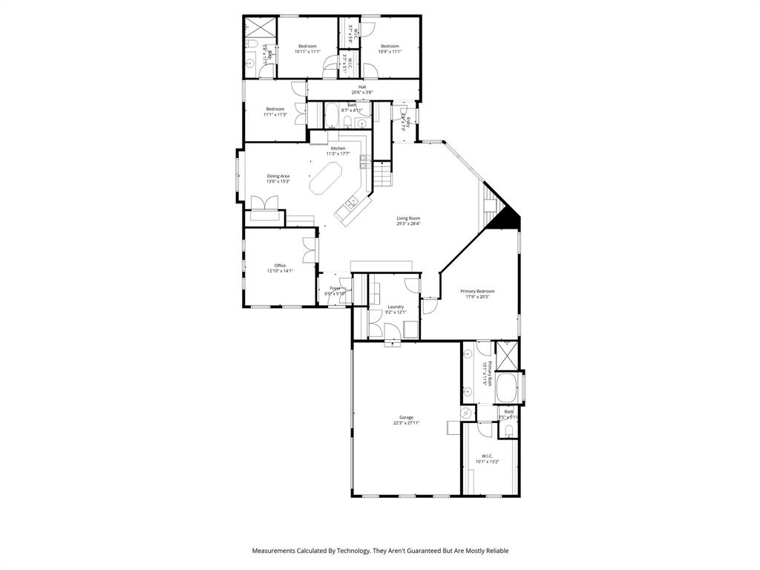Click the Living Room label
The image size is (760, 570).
[x=408, y=218]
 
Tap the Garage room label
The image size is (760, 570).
[x=407, y=417]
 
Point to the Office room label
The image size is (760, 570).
[x=280, y=265]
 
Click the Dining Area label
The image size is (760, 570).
[x=278, y=176]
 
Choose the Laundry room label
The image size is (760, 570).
[x=396, y=307]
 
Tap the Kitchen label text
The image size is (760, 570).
[x=338, y=148]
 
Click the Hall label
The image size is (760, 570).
[x=362, y=87]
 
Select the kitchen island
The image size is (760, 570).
[x=324, y=180]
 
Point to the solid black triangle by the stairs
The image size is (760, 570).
[x=508, y=217]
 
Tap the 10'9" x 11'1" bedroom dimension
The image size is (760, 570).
[x=390, y=51]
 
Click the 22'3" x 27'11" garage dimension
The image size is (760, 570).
[x=407, y=423]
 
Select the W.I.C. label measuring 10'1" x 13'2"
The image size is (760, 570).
[x=487, y=456]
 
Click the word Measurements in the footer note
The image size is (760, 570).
[x=278, y=551]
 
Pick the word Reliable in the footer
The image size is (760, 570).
[x=495, y=551]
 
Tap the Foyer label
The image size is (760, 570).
[x=335, y=288]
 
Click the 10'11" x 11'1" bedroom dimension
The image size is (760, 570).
[x=307, y=51]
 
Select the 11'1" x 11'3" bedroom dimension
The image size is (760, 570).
[x=275, y=114]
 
